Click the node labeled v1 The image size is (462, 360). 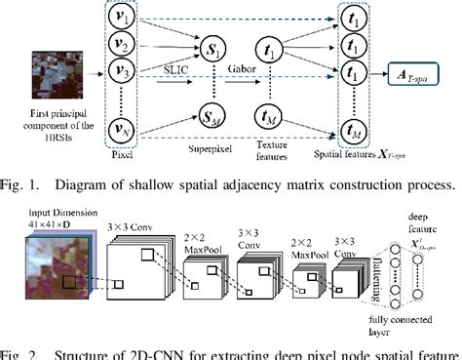pos(123,19)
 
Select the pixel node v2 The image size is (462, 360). pos(123,45)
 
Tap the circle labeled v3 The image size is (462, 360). pos(123,71)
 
